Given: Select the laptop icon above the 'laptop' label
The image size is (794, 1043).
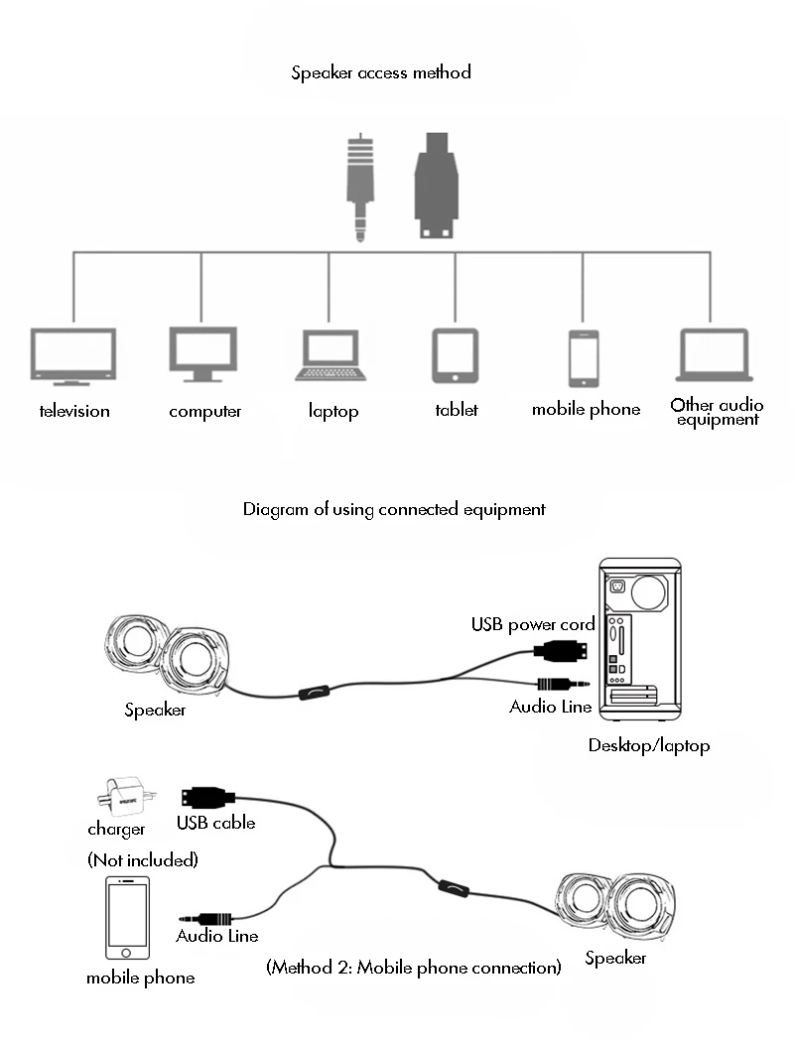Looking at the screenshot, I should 331,355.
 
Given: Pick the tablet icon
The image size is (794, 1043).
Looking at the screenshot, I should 456,355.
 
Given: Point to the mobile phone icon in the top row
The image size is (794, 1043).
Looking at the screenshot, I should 584,357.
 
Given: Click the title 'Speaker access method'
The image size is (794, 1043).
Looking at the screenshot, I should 381,72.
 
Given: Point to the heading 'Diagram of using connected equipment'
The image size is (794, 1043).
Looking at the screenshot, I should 394,509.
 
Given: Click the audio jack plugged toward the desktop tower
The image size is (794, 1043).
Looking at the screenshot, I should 562,683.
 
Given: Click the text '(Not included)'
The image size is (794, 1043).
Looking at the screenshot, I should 143,859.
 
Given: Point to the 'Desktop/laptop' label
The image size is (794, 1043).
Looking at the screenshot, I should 649,745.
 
